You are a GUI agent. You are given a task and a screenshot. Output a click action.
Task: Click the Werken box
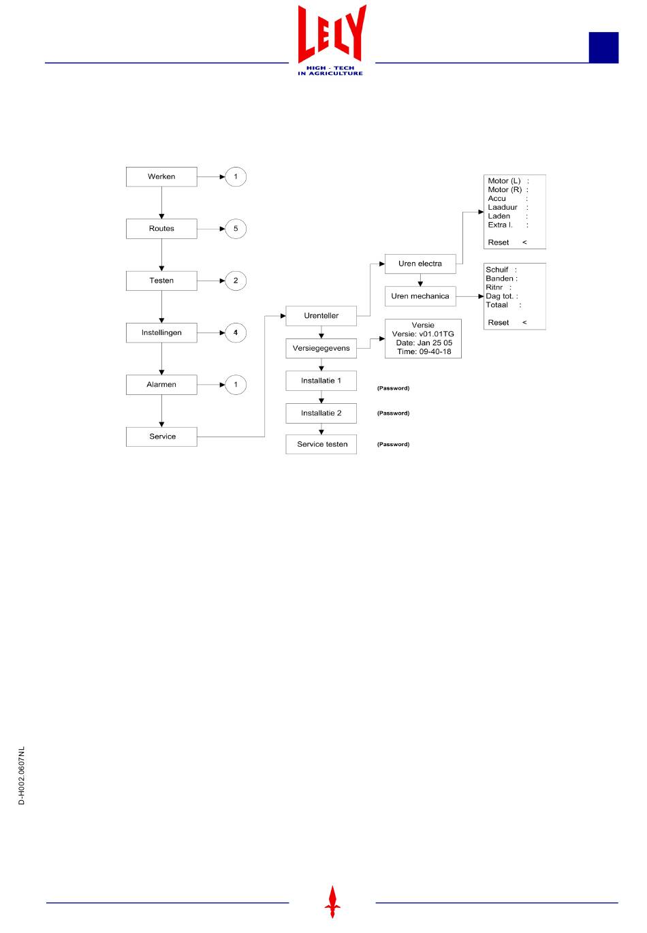point(161,177)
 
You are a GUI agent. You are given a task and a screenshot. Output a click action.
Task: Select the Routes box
point(161,229)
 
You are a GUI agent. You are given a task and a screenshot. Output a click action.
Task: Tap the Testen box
point(161,281)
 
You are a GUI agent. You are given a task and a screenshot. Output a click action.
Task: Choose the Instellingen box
point(161,333)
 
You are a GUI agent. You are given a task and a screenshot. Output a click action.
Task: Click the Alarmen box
point(161,385)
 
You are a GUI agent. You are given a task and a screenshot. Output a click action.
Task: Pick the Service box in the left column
point(161,437)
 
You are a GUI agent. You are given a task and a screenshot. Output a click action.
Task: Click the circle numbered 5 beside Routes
point(236,229)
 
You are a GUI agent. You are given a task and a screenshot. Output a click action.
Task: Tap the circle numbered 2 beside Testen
point(236,281)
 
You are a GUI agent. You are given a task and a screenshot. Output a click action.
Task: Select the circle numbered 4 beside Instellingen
point(236,333)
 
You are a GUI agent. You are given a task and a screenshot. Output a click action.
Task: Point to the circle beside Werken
point(236,177)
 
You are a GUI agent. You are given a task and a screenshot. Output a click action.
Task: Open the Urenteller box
point(321,316)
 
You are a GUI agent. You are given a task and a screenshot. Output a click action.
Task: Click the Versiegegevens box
point(321,349)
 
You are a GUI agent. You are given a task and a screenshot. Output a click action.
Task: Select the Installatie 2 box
point(321,413)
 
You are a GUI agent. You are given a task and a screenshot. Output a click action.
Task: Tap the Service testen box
point(321,445)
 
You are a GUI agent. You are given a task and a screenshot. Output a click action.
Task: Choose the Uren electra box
point(420,264)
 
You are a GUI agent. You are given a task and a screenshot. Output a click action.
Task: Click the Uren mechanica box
point(420,296)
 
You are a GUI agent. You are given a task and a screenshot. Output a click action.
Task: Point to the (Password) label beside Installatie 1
point(394,388)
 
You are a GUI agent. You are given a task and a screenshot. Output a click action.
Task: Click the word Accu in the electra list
point(497,199)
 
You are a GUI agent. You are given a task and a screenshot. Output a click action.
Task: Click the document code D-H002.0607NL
point(22,776)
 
